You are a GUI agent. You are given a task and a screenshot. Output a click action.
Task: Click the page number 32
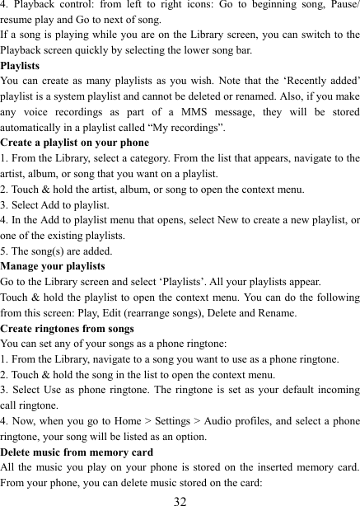pos(180,499)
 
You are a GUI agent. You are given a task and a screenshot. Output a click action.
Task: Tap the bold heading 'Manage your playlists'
pos(53,266)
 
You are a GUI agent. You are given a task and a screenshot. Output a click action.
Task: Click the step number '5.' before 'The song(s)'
pos(6,251)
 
